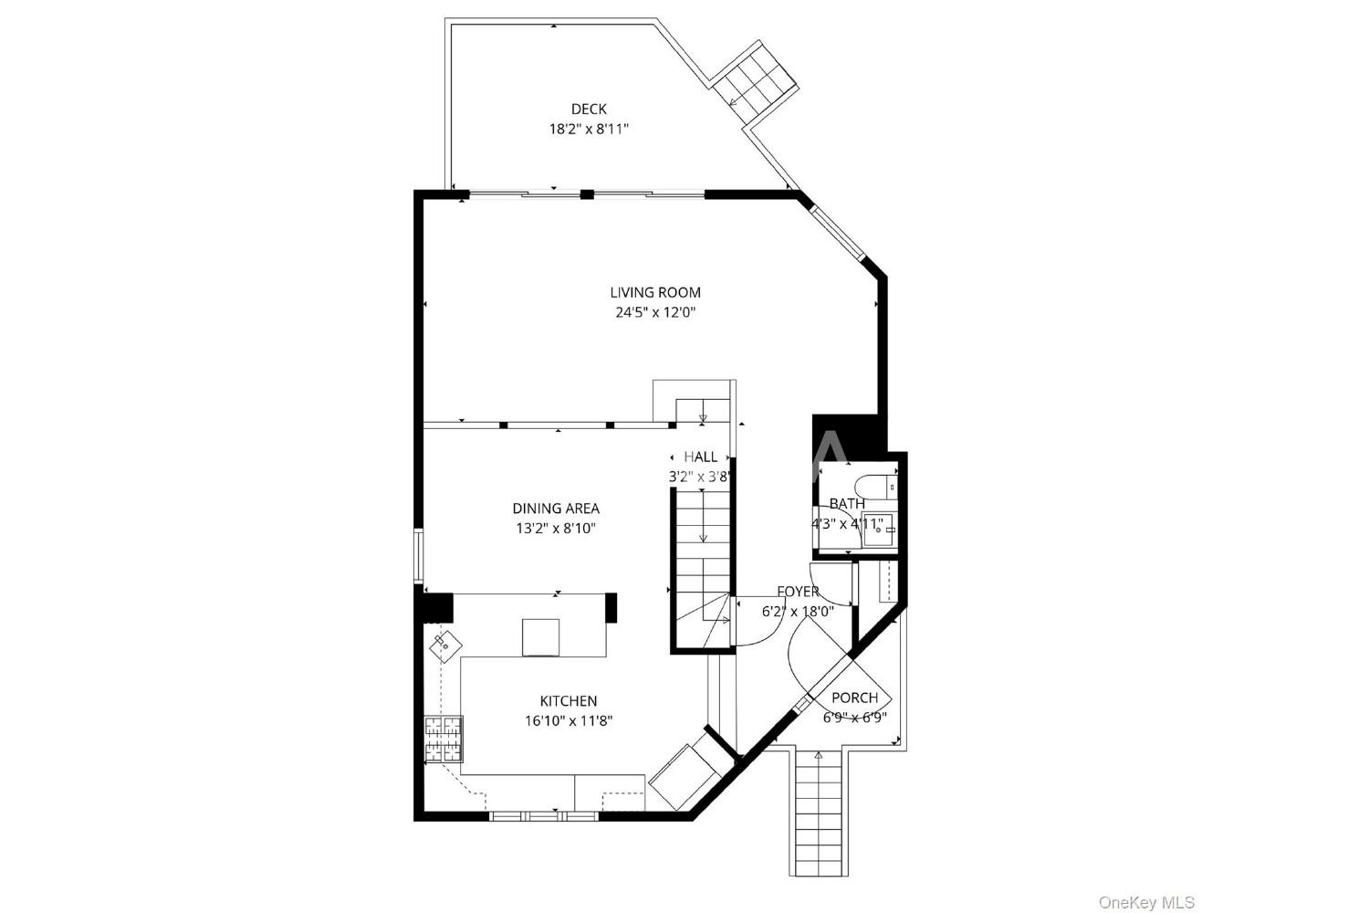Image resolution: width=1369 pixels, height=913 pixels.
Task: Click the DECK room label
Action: pyautogui.click(x=589, y=109)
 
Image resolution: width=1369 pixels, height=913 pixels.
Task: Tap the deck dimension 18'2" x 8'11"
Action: pyautogui.click(x=589, y=129)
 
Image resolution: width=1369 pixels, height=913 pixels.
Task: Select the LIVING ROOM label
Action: pyautogui.click(x=655, y=292)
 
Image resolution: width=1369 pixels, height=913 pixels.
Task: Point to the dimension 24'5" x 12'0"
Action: pyautogui.click(x=655, y=312)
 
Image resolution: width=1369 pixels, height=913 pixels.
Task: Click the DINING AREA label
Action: pyautogui.click(x=556, y=509)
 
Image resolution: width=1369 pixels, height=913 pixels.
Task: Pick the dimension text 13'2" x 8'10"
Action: pyautogui.click(x=556, y=529)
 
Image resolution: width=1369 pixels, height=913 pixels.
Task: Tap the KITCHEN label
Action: pyautogui.click(x=569, y=701)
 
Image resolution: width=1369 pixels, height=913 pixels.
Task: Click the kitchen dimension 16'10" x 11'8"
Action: pyautogui.click(x=569, y=721)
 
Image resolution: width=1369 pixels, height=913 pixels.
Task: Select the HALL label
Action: pyautogui.click(x=700, y=456)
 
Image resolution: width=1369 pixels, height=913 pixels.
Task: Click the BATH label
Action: pyautogui.click(x=847, y=504)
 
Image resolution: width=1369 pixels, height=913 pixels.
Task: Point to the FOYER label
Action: pyautogui.click(x=799, y=592)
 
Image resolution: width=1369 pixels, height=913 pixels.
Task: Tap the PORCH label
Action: pyautogui.click(x=854, y=698)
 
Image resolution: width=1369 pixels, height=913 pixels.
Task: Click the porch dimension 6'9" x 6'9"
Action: pyautogui.click(x=854, y=718)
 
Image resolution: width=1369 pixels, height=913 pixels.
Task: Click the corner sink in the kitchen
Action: pyautogui.click(x=445, y=644)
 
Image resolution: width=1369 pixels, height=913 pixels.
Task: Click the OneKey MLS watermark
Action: pyautogui.click(x=1146, y=902)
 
